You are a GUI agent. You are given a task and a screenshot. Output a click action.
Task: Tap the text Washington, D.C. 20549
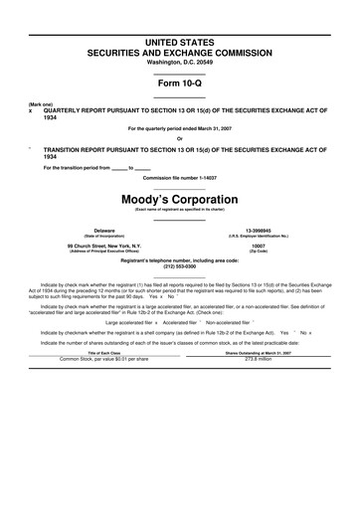180,61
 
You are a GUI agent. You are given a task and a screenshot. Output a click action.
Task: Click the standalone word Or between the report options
180,137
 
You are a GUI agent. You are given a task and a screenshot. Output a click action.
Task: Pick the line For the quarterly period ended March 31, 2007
180,129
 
